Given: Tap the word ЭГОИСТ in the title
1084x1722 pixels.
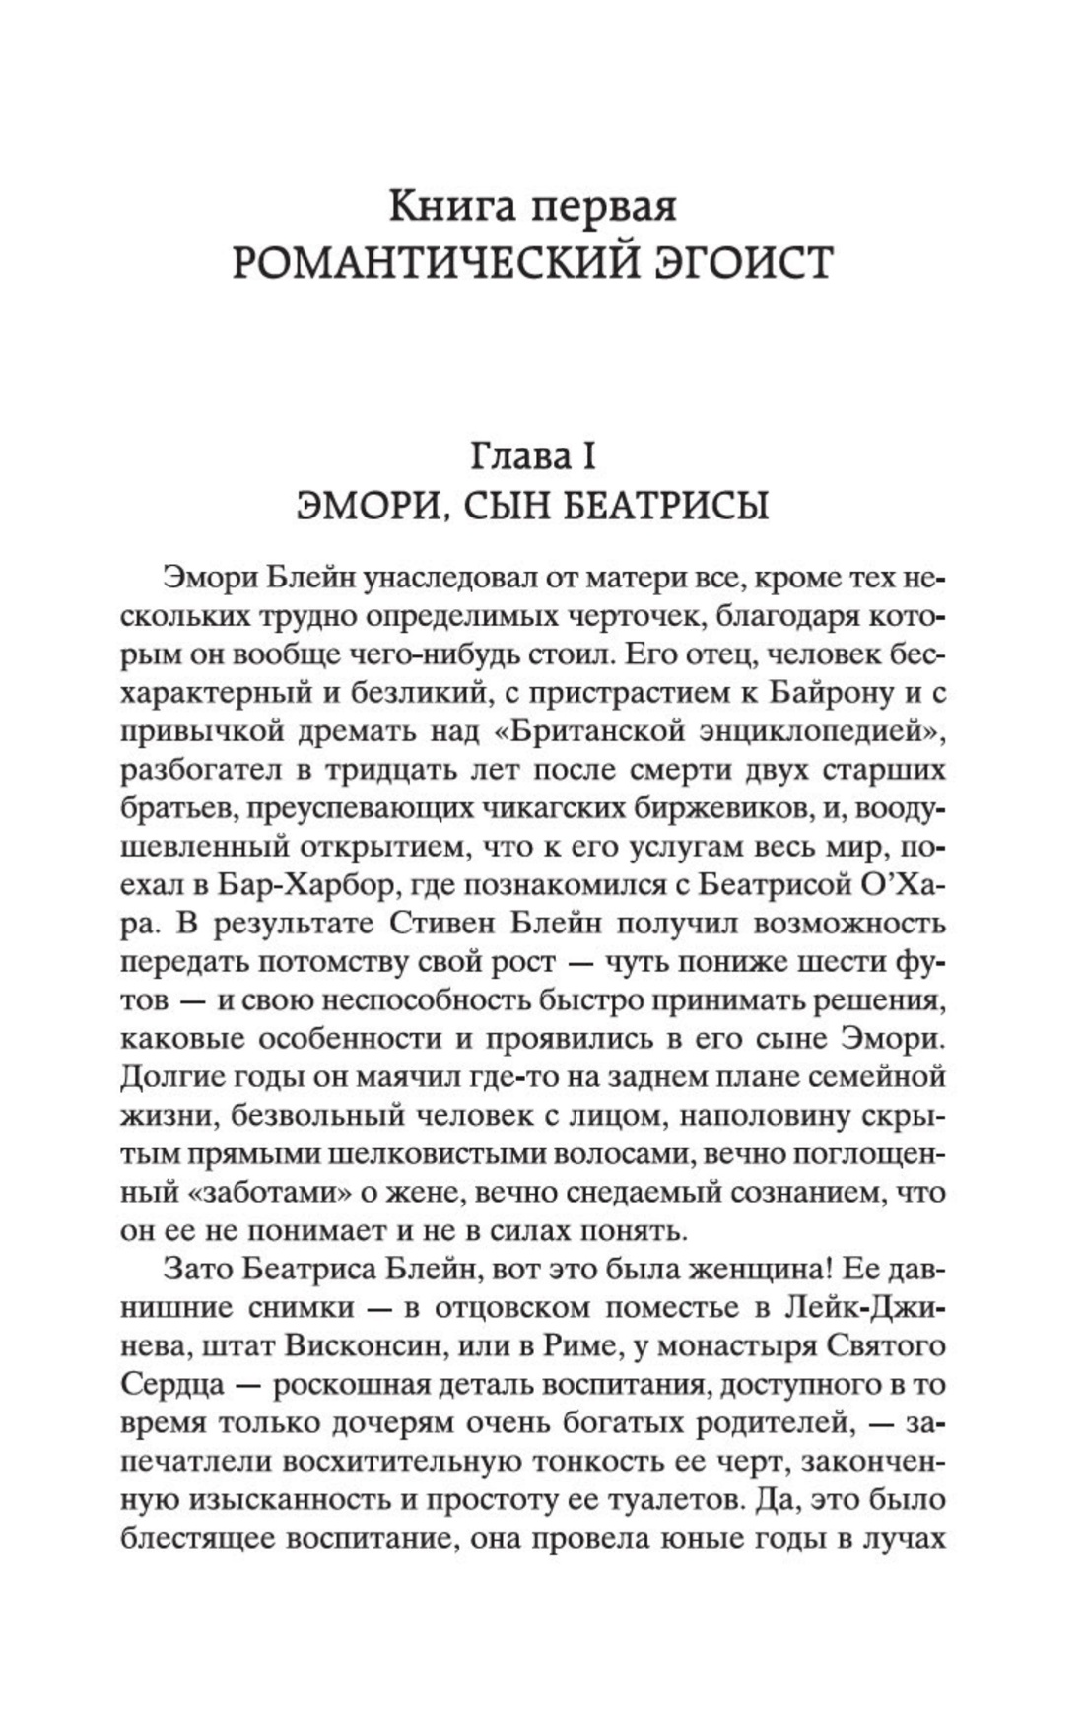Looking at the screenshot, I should [747, 263].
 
